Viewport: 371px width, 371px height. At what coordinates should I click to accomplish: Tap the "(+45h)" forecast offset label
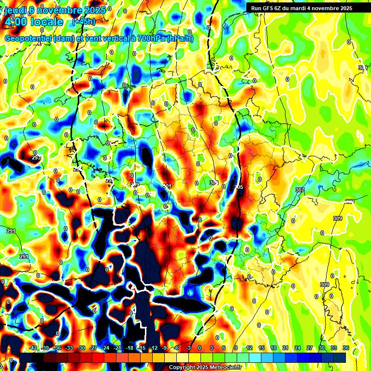coord(83,22)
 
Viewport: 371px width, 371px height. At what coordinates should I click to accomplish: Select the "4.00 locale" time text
coord(34,22)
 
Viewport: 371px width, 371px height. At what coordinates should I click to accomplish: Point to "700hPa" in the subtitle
coord(151,39)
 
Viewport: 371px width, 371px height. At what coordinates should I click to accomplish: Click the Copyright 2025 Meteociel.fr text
coord(205,368)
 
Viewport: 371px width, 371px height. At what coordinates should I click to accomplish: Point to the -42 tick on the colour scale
coord(33,348)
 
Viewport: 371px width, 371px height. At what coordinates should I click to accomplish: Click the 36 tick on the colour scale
coord(346,348)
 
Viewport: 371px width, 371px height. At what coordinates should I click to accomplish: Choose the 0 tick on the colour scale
coord(200,348)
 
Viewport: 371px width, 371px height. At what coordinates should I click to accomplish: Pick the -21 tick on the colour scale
coord(117,348)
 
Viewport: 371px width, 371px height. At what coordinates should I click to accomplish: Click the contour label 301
coord(167,186)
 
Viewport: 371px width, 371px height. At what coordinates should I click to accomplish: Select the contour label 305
coord(239,187)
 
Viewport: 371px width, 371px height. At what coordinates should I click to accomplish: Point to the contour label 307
coord(300,190)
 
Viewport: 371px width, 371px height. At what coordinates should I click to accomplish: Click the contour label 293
coord(36,158)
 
